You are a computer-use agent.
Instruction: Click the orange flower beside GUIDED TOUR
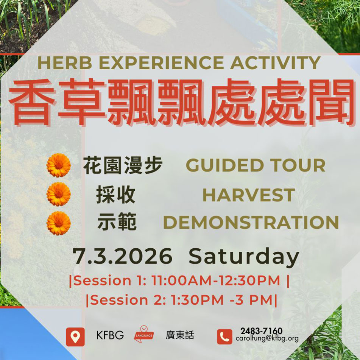point(59,165)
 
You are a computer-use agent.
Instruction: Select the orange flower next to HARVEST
point(59,194)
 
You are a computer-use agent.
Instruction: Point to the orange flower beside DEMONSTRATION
point(59,223)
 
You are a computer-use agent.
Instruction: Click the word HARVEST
point(248,195)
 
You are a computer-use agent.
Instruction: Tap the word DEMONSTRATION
point(251,223)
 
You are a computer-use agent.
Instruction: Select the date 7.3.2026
point(123,257)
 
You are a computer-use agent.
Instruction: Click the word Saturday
point(244,257)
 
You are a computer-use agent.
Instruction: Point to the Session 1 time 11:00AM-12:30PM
point(216,281)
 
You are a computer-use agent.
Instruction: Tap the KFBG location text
point(110,335)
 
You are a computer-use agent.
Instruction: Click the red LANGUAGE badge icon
point(144,335)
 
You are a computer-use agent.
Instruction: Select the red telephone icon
point(224,337)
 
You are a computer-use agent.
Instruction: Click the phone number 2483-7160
point(261,331)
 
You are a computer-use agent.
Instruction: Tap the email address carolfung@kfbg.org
point(267,339)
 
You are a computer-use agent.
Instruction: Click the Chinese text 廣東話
point(180,335)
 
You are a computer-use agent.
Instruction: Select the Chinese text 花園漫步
point(123,165)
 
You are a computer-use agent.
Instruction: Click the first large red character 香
point(31,102)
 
